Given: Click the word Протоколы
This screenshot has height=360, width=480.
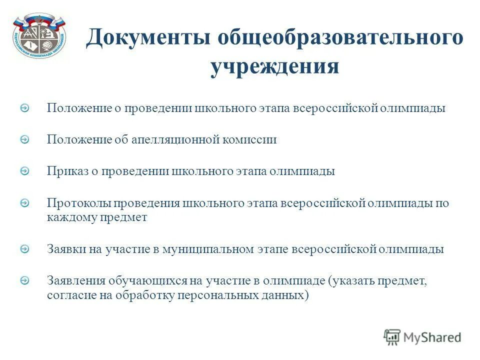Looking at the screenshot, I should coord(79,203).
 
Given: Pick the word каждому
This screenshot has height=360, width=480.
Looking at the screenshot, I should coord(71,217).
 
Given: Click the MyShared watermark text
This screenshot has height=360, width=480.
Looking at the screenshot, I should coord(433,337).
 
